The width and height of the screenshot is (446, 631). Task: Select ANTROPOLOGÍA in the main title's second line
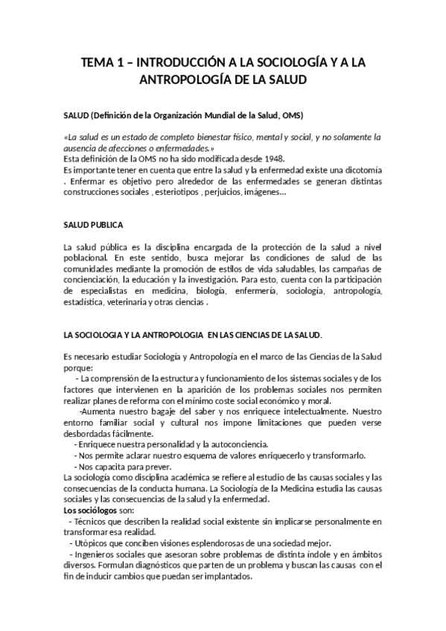point(186,78)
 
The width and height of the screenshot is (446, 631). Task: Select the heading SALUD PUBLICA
point(94,225)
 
